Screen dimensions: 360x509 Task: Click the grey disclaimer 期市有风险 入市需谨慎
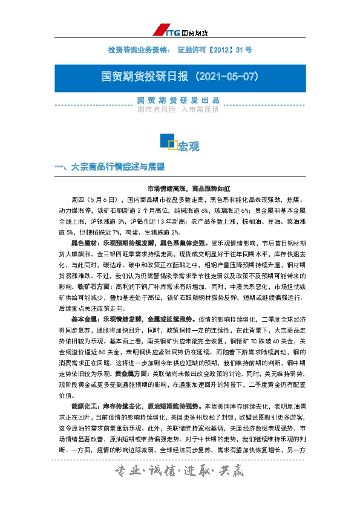coord(178,110)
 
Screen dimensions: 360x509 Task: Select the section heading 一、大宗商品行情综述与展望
coord(109,166)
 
